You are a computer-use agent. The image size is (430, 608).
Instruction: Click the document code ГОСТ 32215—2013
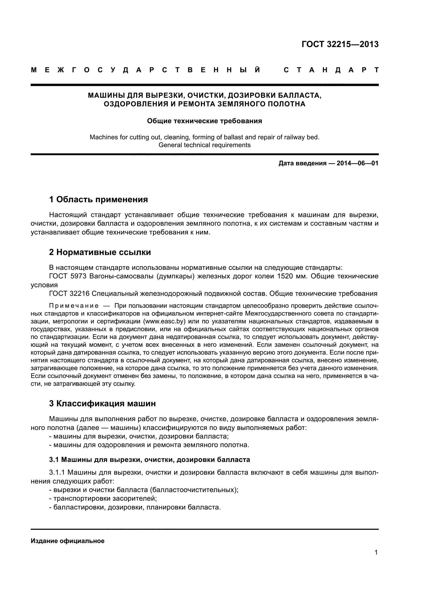point(340,44)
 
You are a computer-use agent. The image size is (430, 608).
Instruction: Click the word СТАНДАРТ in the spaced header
point(331,70)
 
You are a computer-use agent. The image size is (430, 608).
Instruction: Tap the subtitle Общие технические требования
point(204,121)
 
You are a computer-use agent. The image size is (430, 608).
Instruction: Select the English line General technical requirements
point(204,145)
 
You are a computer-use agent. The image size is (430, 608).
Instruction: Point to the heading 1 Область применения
point(98,199)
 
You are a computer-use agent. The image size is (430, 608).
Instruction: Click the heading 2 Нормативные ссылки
point(100,252)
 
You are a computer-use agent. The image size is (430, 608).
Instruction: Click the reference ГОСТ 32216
point(70,294)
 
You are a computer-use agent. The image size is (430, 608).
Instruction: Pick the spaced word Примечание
point(74,306)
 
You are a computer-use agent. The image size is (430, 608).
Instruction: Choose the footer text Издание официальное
point(68,541)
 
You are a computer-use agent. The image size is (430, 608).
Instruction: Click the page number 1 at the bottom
point(376,552)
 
